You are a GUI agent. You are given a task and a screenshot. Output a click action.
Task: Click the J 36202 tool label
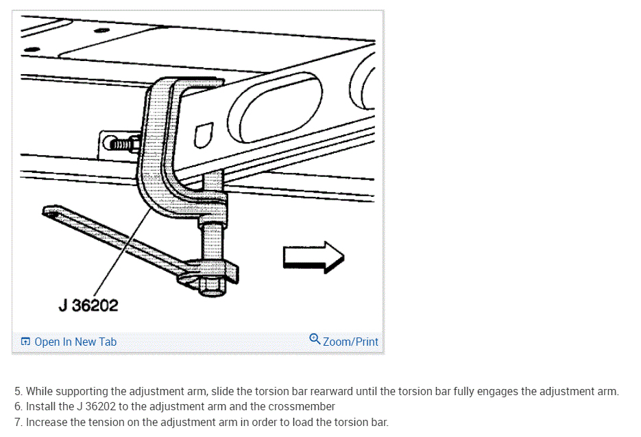pos(88,305)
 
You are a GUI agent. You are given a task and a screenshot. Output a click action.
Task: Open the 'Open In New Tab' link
pos(75,342)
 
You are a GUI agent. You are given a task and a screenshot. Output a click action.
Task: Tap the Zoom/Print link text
pos(350,341)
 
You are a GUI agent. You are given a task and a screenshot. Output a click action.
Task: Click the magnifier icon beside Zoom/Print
pos(315,339)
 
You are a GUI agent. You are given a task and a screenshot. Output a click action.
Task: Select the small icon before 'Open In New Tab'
pos(25,342)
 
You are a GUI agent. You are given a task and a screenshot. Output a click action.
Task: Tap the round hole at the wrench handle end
pos(53,213)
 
